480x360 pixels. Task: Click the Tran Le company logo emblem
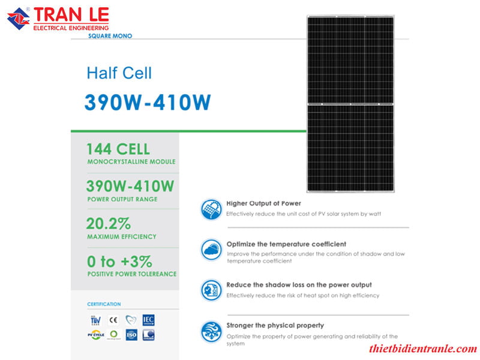point(18,18)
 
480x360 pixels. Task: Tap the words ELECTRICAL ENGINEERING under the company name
point(71,28)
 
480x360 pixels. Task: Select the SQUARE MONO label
point(109,36)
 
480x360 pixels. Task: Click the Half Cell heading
point(119,73)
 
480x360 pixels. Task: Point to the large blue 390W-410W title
point(147,103)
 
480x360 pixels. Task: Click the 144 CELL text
point(118,149)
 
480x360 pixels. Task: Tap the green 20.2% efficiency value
point(109,224)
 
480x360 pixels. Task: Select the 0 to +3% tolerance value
point(119,262)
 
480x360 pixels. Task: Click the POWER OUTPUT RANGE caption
point(122,199)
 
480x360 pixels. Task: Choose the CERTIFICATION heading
point(104,304)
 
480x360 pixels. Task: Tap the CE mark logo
point(113,320)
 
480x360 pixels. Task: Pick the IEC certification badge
point(149,319)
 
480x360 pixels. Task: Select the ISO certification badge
point(131,335)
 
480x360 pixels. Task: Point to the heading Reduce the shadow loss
point(299,284)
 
